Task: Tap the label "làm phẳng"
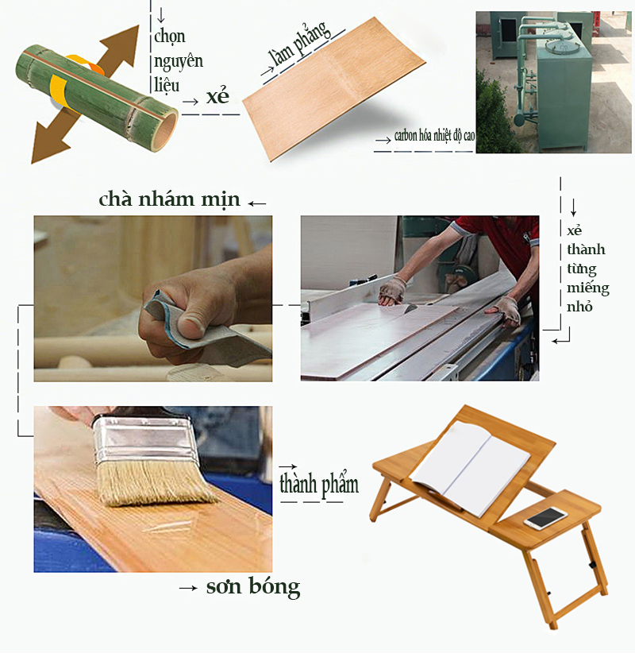300,44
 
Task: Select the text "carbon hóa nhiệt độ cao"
434,135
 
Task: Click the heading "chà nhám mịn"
169,199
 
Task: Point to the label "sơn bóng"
253,587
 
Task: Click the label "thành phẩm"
319,484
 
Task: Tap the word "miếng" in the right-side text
588,288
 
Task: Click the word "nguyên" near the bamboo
179,61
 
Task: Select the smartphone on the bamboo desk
546,519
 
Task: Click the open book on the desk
471,468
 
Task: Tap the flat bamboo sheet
334,87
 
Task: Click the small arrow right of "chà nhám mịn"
257,203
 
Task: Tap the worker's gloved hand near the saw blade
391,291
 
